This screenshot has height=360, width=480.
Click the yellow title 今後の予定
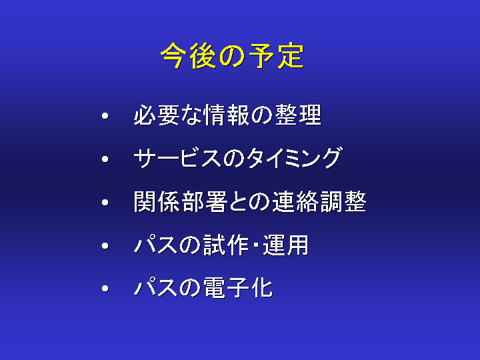pos(233,55)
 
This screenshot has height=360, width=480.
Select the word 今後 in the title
pos(188,55)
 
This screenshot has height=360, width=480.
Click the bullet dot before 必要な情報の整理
pos(105,116)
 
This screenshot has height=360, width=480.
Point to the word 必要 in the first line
pos(157,115)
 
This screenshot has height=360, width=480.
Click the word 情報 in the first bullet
pos(227,115)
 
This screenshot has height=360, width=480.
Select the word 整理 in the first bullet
pos(298,115)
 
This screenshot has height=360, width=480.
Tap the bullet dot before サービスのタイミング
pos(105,159)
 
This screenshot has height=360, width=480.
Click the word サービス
pos(177,158)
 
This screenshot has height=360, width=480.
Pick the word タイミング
pos(294,158)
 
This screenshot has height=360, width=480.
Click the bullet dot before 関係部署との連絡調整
pos(105,203)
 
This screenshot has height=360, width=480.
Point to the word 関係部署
pos(180,202)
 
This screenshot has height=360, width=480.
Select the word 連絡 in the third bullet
pos(296,202)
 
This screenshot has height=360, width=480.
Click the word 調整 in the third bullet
pos(343,202)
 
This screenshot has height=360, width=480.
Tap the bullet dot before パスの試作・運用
pos(105,246)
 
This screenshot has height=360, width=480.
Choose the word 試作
pos(226,245)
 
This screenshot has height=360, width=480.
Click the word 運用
pos(285,245)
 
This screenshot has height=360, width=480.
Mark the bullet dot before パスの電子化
pos(105,289)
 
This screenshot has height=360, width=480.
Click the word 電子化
pos(238,288)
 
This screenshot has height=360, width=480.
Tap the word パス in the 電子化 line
pos(155,288)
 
